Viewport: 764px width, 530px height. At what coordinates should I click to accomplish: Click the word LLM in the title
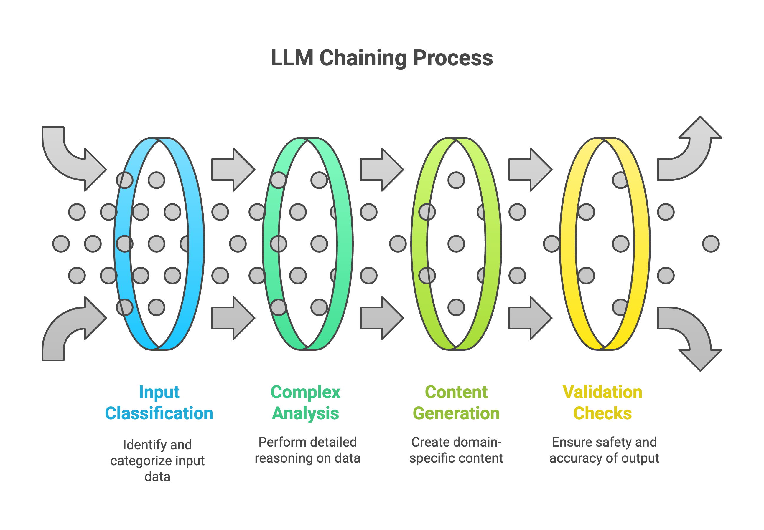pos(292,58)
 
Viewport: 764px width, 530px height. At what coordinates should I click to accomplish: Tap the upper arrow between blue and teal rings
pos(233,169)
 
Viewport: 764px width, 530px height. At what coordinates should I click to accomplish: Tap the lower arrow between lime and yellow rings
pos(530,318)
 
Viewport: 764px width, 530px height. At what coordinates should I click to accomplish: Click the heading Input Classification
pos(159,403)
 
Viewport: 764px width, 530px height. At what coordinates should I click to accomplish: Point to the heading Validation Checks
pos(602,403)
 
